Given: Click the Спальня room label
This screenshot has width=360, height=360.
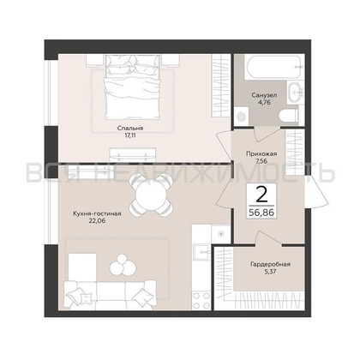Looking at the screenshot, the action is coord(130,129).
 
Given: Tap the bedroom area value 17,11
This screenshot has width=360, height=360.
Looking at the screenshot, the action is coord(130,135).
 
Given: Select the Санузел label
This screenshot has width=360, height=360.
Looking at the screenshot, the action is coord(264,95).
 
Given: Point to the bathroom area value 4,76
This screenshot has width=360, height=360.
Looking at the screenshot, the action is coord(264,102).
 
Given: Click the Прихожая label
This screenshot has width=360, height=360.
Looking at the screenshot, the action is coord(261,154).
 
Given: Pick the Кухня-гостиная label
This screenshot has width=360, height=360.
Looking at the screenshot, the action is coord(97,213).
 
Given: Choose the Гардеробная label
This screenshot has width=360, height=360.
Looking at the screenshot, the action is coord(270,264).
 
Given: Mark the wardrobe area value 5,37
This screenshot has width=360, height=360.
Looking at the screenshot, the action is coord(270,272).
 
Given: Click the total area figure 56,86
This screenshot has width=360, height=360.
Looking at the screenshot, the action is coord(261,213).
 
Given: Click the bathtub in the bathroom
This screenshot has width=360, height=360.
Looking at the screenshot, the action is coord(273,67).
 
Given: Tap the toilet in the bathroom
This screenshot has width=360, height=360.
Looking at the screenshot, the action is coord(289,116).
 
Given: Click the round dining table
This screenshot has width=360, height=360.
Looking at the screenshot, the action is coord(151,195).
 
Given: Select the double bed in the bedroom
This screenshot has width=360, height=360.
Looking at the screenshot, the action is coord(132,87).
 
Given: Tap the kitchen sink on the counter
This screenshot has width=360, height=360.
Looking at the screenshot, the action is coord(202,252).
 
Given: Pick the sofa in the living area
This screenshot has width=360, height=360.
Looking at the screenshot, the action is coord(110,295).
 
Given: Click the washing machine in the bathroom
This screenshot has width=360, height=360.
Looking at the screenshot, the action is coord(242,116).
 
